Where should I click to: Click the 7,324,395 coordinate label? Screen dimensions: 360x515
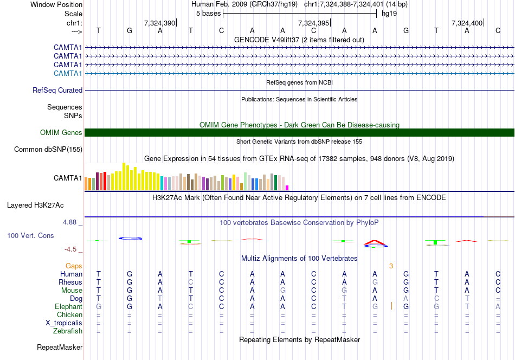coord(314,23)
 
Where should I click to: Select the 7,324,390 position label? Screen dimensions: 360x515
coord(159,23)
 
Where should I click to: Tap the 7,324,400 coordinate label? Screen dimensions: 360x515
coord(467,23)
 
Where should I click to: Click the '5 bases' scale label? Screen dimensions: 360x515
coord(208,13)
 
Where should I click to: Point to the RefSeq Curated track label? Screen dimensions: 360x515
coord(57,90)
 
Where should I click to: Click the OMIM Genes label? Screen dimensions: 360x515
coord(61,132)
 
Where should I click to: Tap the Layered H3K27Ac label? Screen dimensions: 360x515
coord(35,205)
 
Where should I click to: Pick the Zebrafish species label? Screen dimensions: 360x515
coord(68,331)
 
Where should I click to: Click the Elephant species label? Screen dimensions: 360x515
coord(69,306)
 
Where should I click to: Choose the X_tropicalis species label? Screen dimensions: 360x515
coord(64,323)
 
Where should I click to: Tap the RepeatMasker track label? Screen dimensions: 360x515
coord(60,347)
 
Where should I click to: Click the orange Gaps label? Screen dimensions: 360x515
coord(74,266)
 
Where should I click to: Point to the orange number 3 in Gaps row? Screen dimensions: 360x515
coord(390,266)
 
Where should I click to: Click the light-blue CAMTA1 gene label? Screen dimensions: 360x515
coord(68,73)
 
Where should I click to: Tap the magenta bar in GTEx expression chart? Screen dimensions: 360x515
coord(287,188)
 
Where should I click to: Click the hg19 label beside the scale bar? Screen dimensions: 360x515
coord(389,13)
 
